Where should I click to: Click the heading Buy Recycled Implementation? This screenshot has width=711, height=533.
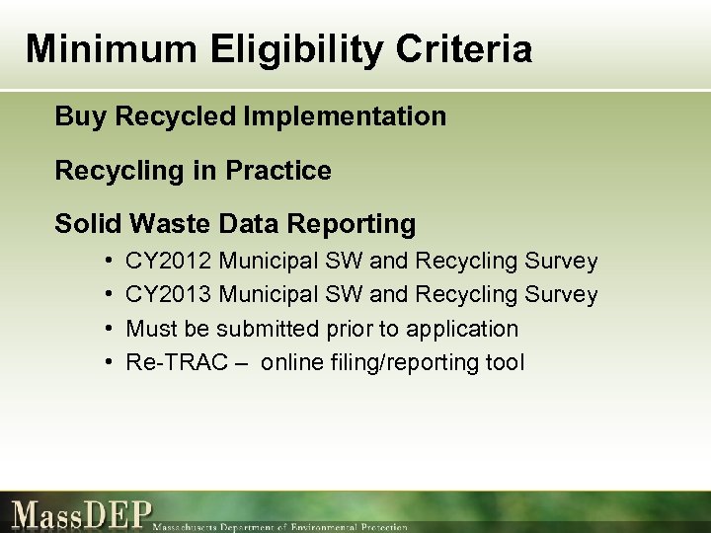250,117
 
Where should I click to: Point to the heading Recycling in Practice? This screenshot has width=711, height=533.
193,171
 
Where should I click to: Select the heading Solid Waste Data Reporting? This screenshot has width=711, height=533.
235,224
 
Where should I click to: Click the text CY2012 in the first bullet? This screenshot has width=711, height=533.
169,262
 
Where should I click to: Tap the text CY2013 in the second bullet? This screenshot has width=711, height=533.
169,295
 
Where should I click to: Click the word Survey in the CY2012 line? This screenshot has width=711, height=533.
562,262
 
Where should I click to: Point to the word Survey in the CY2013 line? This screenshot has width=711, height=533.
562,295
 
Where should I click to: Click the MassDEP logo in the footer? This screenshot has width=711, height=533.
83,514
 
